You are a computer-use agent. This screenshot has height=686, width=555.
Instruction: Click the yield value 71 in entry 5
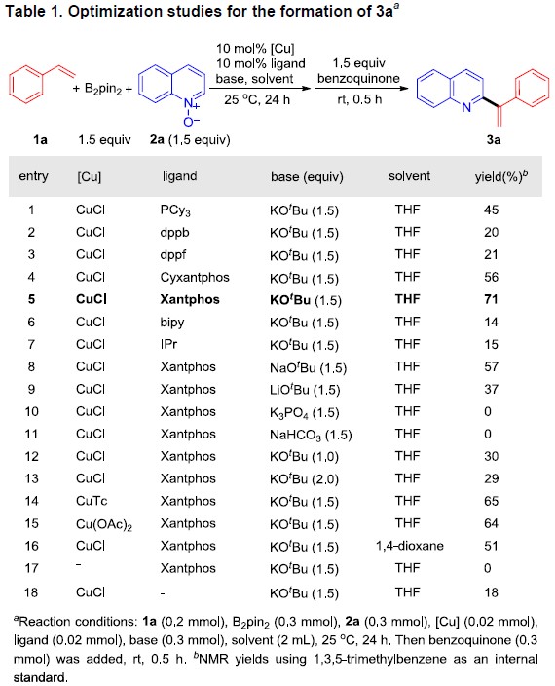point(491,299)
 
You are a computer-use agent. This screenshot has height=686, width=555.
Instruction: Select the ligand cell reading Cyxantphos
point(195,278)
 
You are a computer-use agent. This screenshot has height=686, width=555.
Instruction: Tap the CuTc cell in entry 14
point(92,501)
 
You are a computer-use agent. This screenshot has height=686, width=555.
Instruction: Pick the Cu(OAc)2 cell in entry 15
point(104,524)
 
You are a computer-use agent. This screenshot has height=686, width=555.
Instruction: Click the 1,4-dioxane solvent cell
point(410,546)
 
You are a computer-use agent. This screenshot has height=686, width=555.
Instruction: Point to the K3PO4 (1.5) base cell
point(304,412)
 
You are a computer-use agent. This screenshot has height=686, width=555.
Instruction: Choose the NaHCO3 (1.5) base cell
point(311,435)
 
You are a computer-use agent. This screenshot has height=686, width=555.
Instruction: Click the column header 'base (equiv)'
point(307,176)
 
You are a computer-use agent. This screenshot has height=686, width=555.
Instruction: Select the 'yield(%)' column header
point(501,176)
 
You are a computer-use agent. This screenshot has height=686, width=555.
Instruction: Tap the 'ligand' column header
point(179,176)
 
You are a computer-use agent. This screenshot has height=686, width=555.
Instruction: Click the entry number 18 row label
point(31,592)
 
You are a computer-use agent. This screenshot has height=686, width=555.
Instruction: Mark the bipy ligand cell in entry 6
point(172,323)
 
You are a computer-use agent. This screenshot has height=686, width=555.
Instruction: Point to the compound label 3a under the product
point(494,140)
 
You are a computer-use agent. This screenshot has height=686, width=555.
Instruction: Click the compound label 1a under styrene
point(40,140)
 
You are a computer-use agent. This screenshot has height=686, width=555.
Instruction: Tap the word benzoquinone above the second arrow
point(358,79)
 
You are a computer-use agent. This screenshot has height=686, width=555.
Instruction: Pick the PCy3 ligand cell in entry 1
point(175,210)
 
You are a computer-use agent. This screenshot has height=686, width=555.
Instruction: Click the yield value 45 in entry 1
point(491,210)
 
